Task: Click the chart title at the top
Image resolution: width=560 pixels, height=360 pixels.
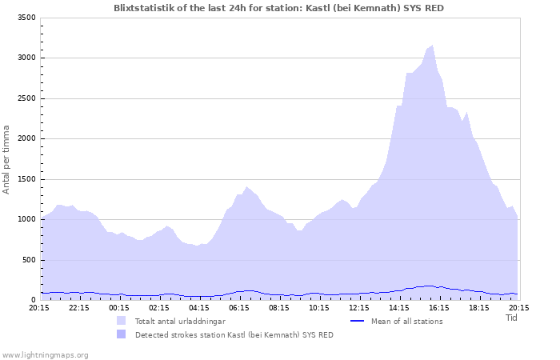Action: click(279, 8)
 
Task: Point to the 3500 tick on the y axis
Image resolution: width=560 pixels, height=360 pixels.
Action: click(26, 18)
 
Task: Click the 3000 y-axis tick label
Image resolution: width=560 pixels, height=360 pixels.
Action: click(26, 58)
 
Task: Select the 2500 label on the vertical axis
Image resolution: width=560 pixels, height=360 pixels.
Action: click(26, 98)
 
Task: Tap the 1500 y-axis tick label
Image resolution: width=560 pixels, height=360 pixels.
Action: click(26, 179)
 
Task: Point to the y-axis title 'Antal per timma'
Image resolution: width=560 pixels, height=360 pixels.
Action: click(7, 158)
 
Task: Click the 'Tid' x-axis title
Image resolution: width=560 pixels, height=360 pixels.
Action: click(512, 318)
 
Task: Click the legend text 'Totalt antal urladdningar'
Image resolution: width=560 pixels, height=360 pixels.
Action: click(179, 322)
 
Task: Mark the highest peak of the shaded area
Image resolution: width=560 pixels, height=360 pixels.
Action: click(433, 46)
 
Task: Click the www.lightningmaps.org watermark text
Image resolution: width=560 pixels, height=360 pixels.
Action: click(45, 354)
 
